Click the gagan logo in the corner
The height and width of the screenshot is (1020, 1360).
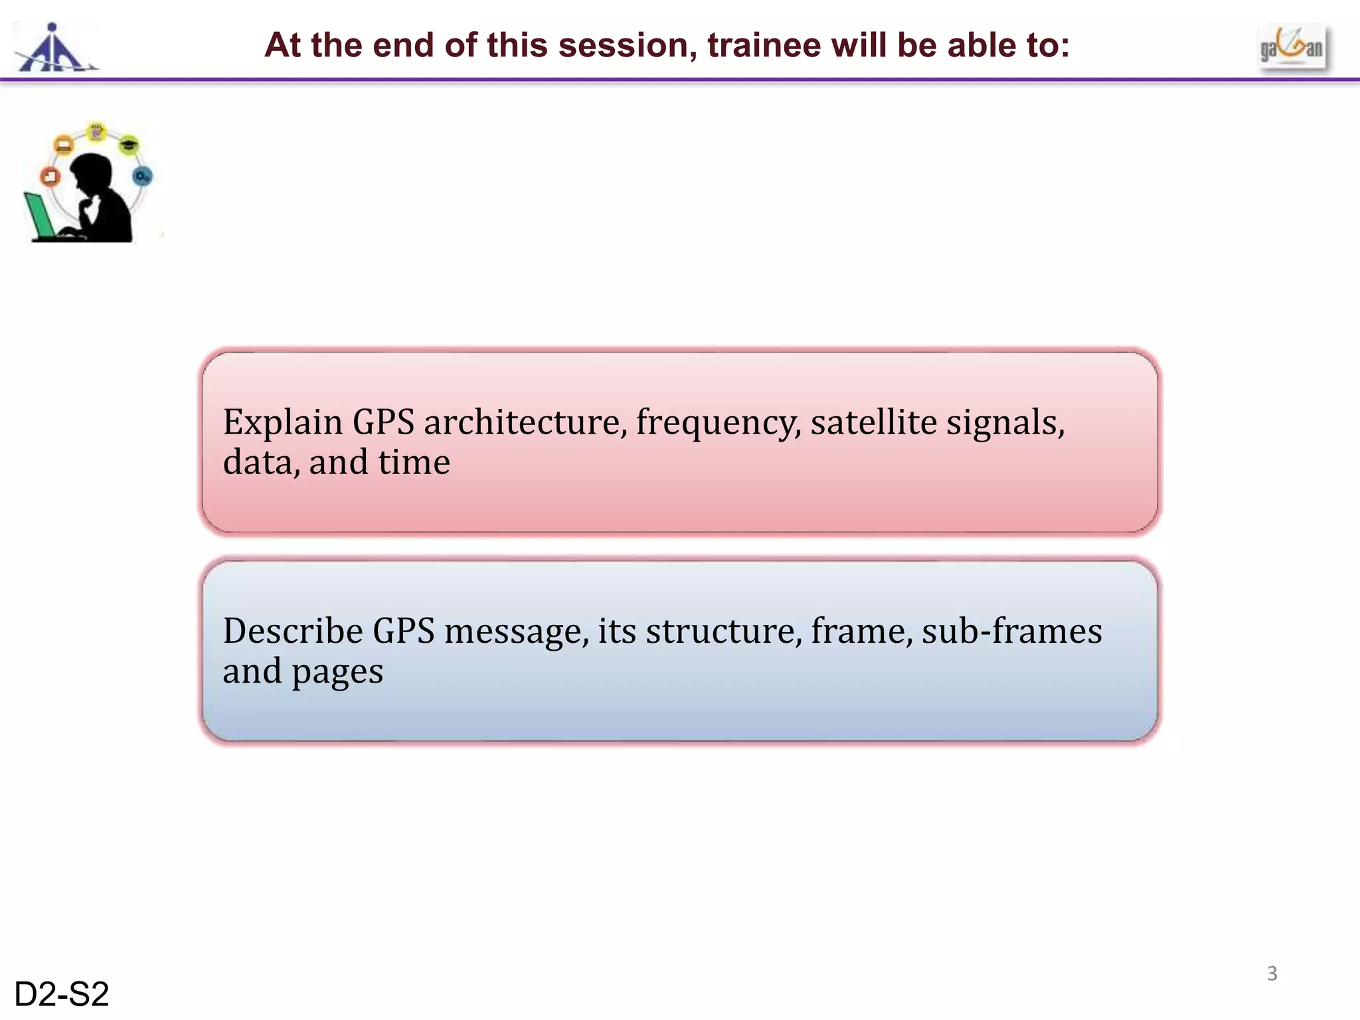(1292, 48)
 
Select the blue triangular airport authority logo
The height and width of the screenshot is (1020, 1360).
(54, 48)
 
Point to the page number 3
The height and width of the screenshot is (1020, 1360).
(1272, 974)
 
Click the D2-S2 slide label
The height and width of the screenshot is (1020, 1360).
(61, 995)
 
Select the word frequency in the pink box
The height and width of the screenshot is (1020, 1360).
(717, 424)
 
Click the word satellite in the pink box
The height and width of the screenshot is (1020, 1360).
(873, 422)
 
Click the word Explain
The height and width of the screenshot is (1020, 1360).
(282, 424)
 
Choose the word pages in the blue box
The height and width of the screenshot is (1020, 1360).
(337, 672)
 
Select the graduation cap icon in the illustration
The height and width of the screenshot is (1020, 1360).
(129, 144)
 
